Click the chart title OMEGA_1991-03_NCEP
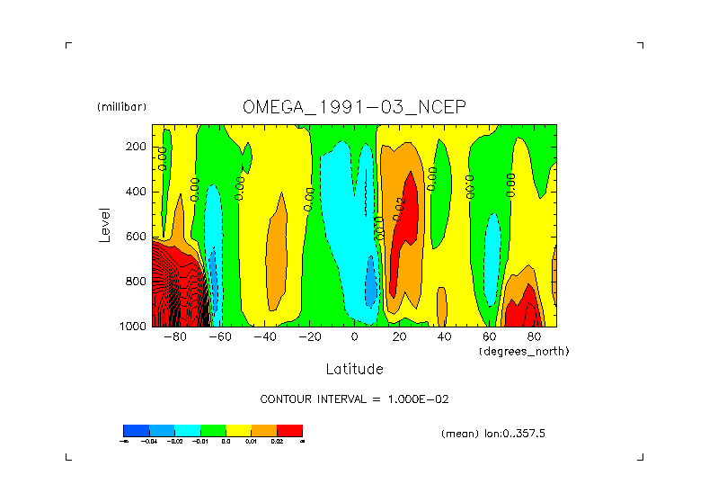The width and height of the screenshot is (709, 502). coord(354,107)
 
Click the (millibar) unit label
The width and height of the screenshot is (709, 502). coord(121,107)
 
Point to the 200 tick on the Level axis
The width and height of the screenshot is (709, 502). coord(137,147)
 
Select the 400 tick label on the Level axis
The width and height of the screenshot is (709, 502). coord(137,192)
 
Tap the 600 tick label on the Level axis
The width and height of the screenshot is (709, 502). coord(137,237)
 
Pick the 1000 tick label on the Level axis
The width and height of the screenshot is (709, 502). coord(133,327)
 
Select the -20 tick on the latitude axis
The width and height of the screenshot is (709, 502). coord(309,337)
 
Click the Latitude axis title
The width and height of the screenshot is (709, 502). coord(354,369)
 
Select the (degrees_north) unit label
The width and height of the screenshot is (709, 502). coord(524,351)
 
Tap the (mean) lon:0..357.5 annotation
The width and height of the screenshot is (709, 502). coord(493,434)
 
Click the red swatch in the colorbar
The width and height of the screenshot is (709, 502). coord(289,430)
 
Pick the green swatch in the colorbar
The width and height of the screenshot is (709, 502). coord(212,430)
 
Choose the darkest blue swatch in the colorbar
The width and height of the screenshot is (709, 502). coord(136,430)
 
